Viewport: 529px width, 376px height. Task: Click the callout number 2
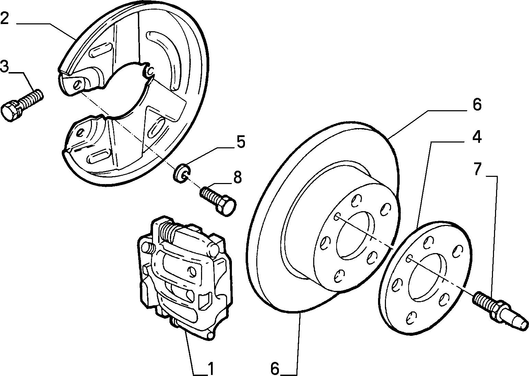coord(4,18)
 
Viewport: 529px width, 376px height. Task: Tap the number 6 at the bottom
coord(275,369)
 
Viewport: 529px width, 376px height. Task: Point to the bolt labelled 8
coord(218,201)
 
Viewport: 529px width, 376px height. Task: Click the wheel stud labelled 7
coord(500,310)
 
